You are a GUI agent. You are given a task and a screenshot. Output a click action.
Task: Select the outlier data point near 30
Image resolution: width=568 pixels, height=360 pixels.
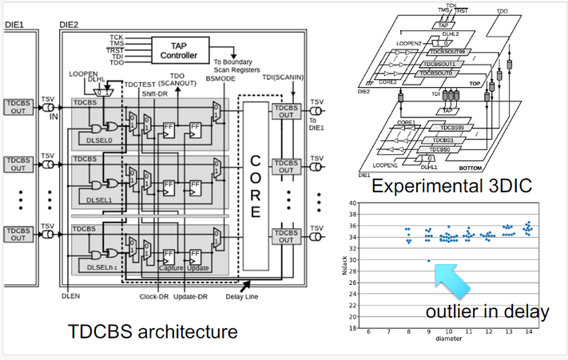[x=428, y=261]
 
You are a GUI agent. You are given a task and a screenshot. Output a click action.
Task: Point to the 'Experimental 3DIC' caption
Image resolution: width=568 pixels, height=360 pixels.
[x=452, y=187]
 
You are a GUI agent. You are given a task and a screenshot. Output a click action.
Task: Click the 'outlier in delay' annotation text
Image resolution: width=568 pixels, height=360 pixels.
[x=487, y=311]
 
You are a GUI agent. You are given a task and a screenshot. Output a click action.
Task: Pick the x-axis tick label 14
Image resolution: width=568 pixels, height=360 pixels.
[x=528, y=332]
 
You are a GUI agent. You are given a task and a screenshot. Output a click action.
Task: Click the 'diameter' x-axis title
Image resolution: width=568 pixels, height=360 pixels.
[x=447, y=339]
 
